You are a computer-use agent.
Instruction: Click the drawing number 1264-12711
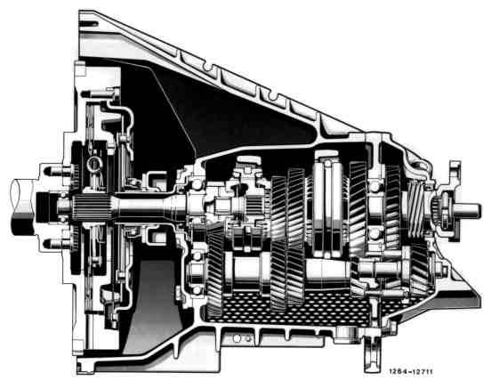click(410, 371)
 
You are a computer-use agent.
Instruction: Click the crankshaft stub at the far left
click(23, 207)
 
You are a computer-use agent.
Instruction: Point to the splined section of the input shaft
click(92, 207)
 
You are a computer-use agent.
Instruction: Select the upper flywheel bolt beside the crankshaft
click(57, 171)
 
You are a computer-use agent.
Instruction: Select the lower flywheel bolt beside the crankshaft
click(57, 245)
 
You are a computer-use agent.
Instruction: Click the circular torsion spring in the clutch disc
click(94, 164)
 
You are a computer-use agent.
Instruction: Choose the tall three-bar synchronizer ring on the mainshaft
click(328, 204)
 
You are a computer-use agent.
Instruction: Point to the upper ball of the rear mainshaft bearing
click(374, 186)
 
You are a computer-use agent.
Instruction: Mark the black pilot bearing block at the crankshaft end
click(44, 207)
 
